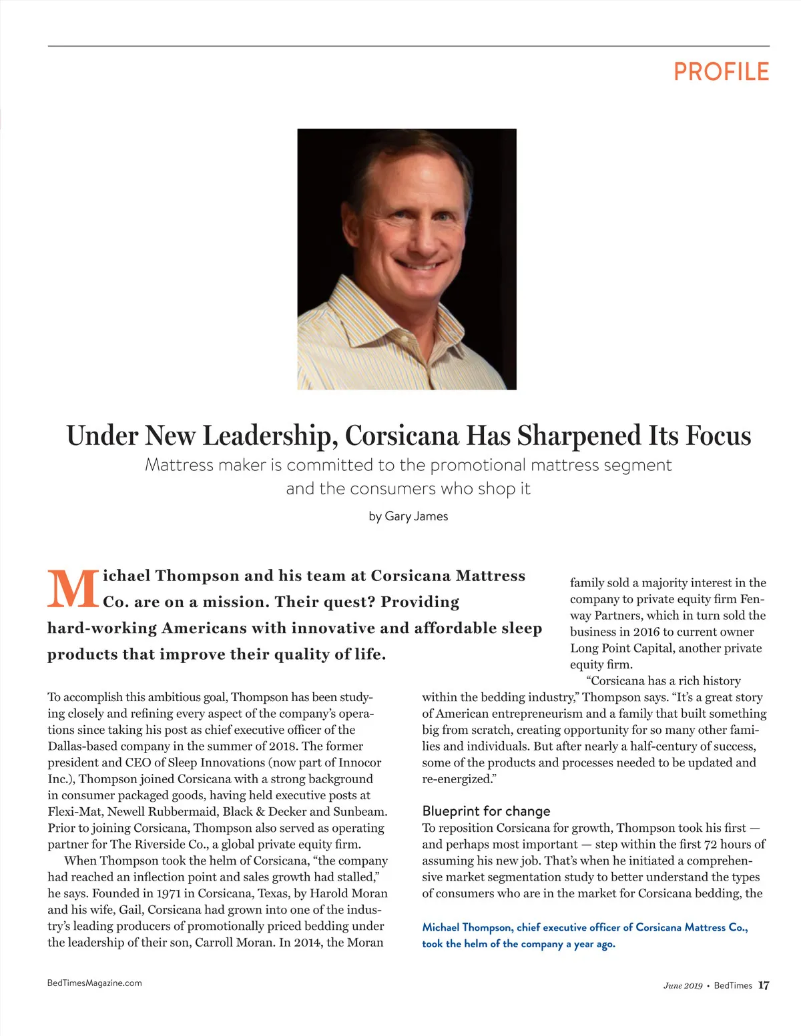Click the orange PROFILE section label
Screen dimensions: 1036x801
pos(721,71)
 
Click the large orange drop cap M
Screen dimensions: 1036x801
pos(73,588)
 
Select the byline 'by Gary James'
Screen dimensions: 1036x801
pos(408,516)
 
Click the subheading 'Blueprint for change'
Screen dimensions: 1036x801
pos(486,811)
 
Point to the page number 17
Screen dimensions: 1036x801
pos(764,985)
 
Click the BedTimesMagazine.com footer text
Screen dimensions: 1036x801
pos(94,983)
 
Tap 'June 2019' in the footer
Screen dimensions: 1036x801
pos(682,986)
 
